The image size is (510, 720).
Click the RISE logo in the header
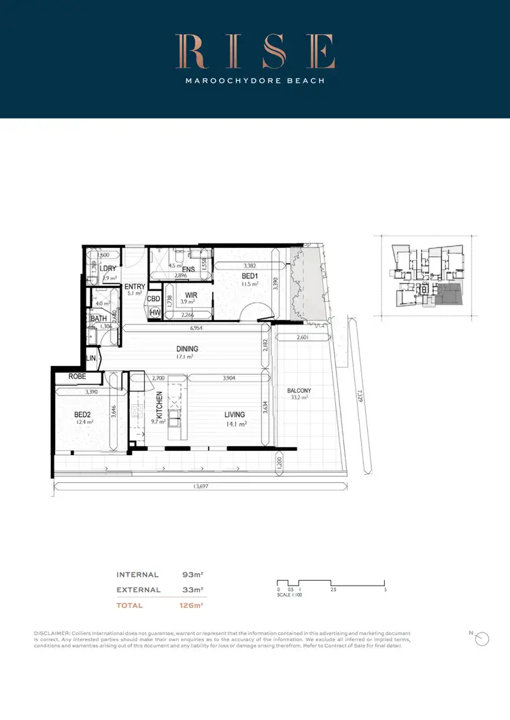(255, 52)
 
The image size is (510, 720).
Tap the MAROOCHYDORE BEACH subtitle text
(255, 81)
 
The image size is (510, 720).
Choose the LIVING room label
(235, 414)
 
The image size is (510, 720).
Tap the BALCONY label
(299, 391)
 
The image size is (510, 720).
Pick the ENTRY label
(135, 287)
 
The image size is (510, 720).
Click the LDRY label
(107, 269)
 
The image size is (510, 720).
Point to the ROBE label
(76, 377)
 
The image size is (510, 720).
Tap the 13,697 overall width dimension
(200, 486)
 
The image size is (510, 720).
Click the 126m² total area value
(192, 605)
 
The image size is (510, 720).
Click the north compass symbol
(481, 639)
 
